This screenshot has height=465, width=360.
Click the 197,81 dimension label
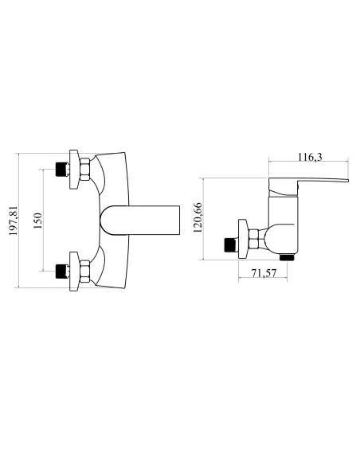tap(14, 221)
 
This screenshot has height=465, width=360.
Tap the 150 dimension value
tap(38, 221)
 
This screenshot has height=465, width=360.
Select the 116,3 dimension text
tap(310, 157)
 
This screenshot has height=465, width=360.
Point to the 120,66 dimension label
tap(198, 217)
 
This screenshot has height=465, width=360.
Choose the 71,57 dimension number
tap(264, 273)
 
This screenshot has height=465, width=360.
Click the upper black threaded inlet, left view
tap(62, 169)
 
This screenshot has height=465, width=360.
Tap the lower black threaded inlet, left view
tap(62, 271)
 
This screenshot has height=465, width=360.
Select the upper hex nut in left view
tap(84, 170)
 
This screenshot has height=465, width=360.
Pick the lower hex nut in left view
tap(84, 271)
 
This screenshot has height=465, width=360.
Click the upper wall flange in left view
tap(74, 170)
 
